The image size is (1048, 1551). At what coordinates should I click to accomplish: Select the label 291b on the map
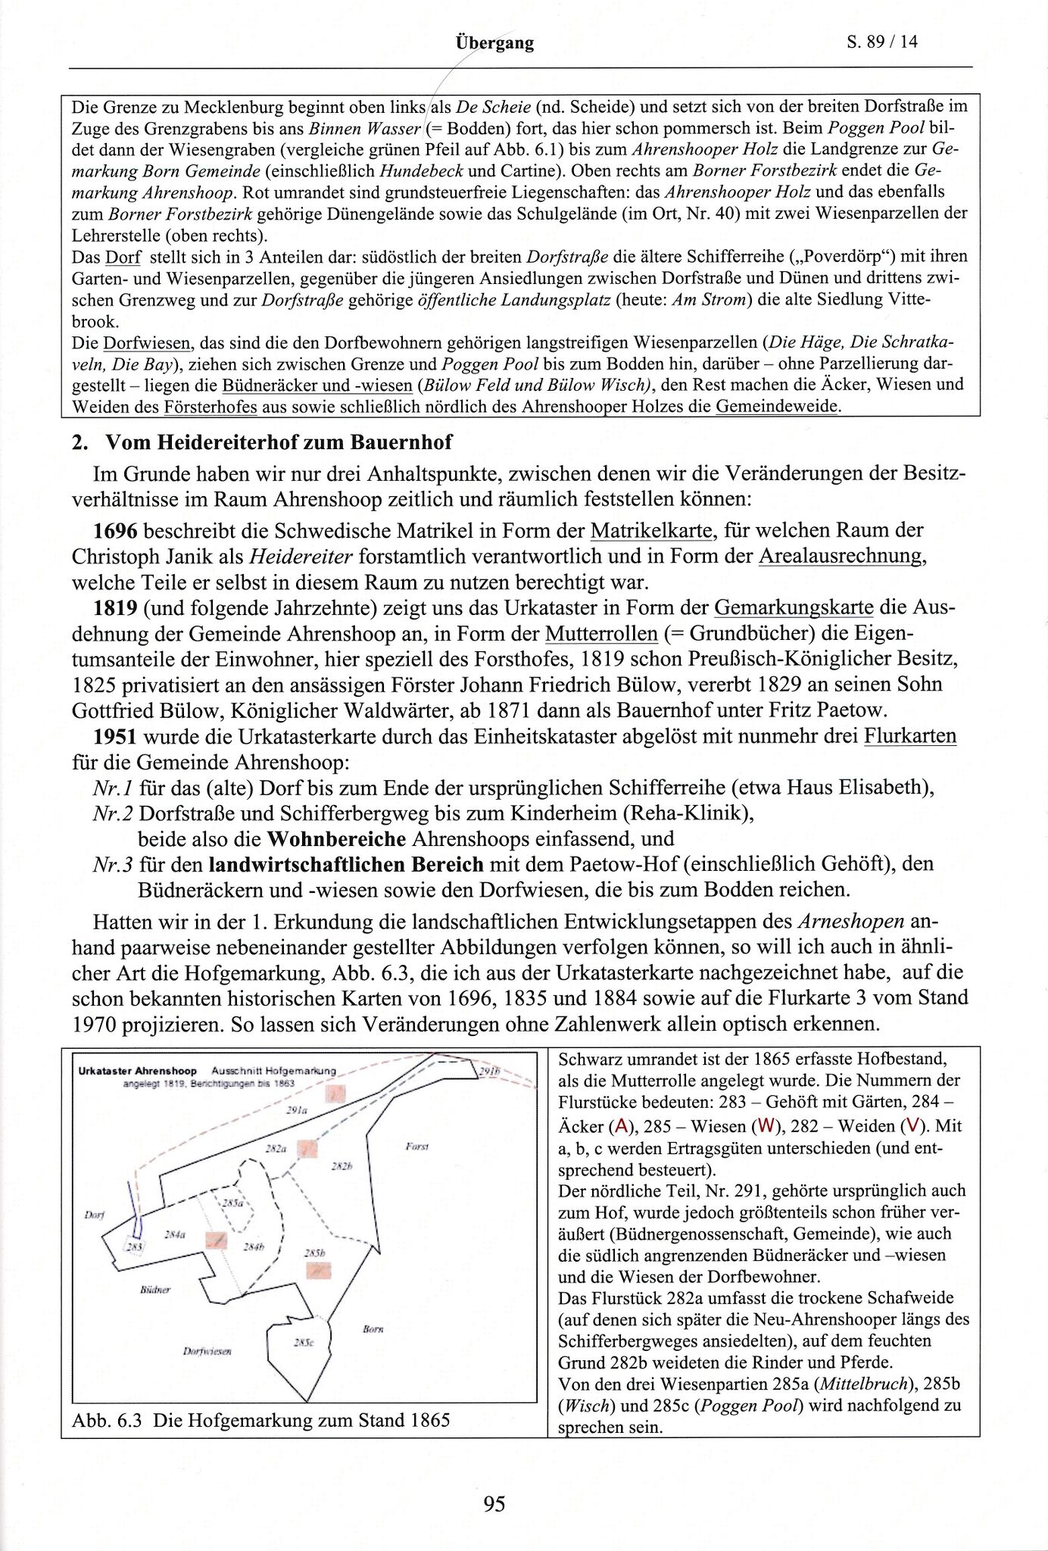tap(490, 1072)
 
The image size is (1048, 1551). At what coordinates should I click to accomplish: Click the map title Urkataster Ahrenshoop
tap(137, 1071)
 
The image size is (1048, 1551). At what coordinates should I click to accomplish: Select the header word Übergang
tap(494, 43)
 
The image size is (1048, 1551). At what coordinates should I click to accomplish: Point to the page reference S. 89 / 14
tap(881, 42)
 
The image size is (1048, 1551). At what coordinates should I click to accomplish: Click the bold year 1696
tap(114, 530)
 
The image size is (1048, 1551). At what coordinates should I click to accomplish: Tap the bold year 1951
tap(114, 735)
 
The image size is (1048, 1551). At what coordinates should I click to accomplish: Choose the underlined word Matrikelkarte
tap(652, 530)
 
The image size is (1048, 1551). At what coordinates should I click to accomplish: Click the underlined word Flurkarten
tap(909, 735)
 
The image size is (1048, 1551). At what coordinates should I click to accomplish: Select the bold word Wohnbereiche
tap(336, 838)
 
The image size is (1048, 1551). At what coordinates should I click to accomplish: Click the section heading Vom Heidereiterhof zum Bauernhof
tap(278, 442)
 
